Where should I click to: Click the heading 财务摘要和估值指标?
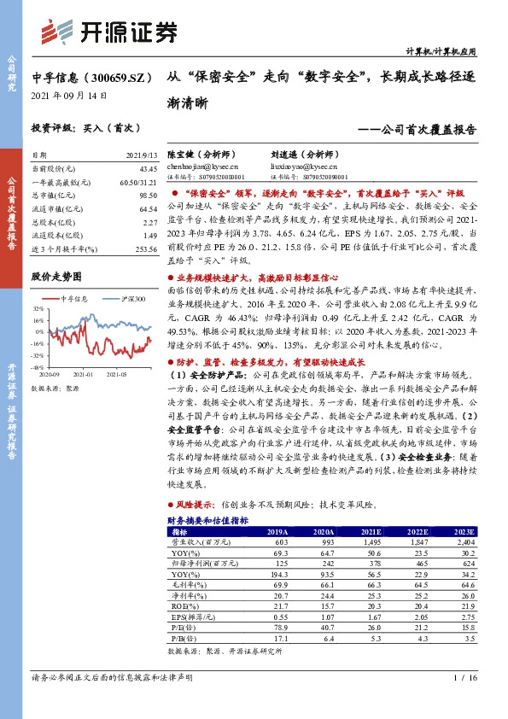coord(207,519)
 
